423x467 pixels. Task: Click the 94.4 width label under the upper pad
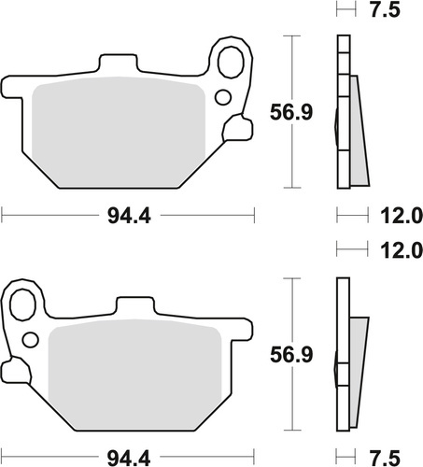(x=129, y=218)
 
